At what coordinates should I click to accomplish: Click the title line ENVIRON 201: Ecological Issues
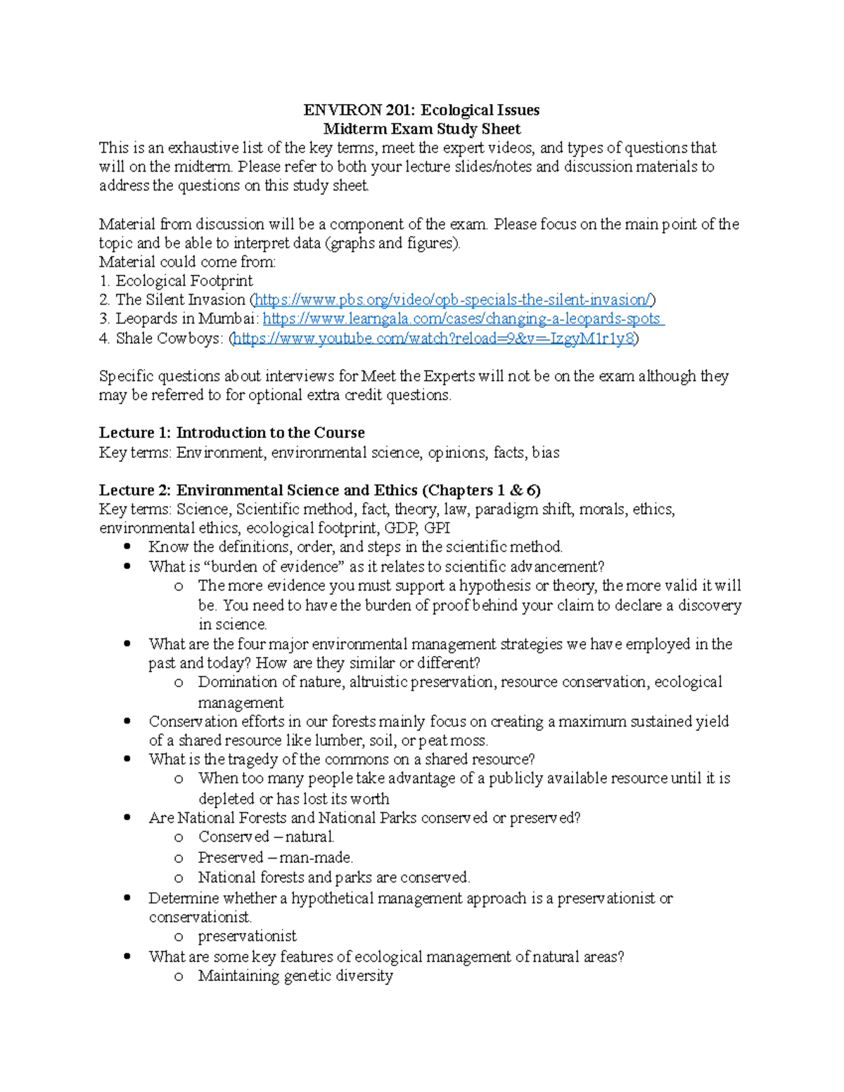click(421, 110)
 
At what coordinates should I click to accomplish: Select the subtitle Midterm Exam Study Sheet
click(421, 129)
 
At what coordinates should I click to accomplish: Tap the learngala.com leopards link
click(462, 319)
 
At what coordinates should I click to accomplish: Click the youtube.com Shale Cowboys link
click(433, 338)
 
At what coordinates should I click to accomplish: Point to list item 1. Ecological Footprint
click(176, 281)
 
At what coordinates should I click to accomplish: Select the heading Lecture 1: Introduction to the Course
click(231, 432)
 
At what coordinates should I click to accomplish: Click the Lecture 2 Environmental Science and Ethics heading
click(319, 490)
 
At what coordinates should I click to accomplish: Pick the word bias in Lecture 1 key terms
click(545, 452)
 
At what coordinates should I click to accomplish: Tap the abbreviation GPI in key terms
click(437, 528)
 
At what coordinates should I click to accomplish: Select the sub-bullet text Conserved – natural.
click(266, 837)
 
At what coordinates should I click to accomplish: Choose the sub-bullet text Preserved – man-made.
click(275, 857)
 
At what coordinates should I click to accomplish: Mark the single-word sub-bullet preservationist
click(247, 936)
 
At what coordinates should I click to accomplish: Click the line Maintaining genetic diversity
click(295, 976)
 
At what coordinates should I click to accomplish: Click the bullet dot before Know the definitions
click(127, 546)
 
